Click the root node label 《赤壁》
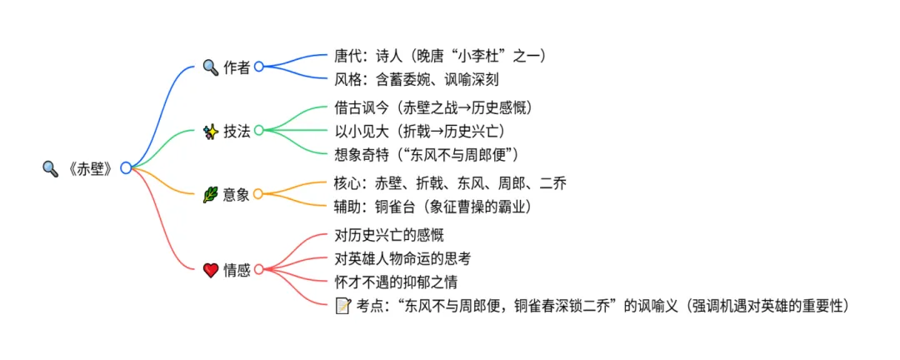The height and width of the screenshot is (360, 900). pyautogui.click(x=88, y=168)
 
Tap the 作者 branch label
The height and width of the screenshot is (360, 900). pyautogui.click(x=237, y=67)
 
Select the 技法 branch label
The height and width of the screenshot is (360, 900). pyautogui.click(x=237, y=131)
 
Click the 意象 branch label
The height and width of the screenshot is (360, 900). pyautogui.click(x=237, y=195)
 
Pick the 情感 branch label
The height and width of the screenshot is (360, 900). pyautogui.click(x=237, y=269)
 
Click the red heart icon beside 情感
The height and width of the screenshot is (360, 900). pyautogui.click(x=211, y=269)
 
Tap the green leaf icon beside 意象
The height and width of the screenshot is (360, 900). pyautogui.click(x=211, y=195)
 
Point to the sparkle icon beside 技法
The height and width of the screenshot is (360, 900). pyautogui.click(x=211, y=131)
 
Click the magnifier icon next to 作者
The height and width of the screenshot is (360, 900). pyautogui.click(x=211, y=67)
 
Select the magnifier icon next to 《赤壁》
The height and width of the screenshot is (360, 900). pyautogui.click(x=50, y=168)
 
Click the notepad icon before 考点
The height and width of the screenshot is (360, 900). pyautogui.click(x=342, y=306)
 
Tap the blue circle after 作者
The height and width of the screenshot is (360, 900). pyautogui.click(x=259, y=67)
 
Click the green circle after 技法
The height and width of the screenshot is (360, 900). pyautogui.click(x=259, y=131)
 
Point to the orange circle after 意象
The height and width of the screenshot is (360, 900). pyautogui.click(x=259, y=195)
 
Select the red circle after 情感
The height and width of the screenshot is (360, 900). pyautogui.click(x=259, y=269)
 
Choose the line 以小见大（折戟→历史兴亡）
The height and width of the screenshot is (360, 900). pyautogui.click(x=418, y=131)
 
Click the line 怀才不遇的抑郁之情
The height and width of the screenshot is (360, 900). pyautogui.click(x=395, y=282)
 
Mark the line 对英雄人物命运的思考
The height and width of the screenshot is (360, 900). pyautogui.click(x=402, y=258)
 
